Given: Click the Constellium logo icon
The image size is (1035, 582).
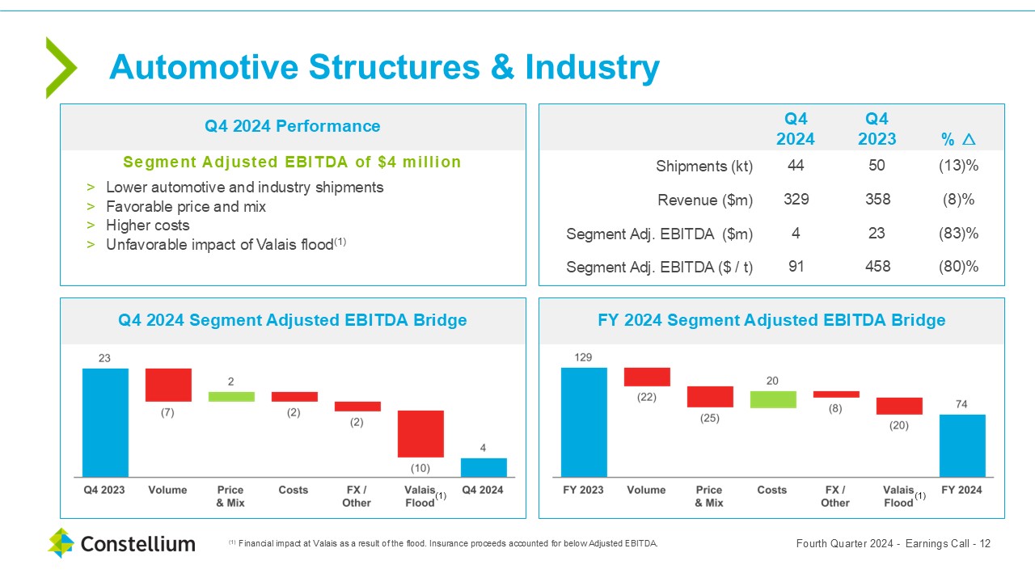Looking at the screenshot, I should click(x=60, y=543).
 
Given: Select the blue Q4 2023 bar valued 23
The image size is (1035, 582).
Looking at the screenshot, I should click(x=105, y=422).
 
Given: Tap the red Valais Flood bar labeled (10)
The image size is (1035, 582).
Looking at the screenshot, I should click(x=420, y=434).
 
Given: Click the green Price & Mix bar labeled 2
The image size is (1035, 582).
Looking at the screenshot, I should click(x=231, y=397).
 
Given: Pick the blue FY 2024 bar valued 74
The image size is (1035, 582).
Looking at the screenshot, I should click(x=962, y=445).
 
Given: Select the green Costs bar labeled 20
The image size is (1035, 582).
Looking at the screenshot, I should click(x=773, y=399).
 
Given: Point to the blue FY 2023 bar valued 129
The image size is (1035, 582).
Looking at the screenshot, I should click(x=584, y=422).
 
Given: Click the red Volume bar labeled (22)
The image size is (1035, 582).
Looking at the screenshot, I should click(x=647, y=377).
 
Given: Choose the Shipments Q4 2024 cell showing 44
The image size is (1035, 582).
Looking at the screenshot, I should click(x=796, y=166).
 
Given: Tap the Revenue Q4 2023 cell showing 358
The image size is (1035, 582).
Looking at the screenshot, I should click(x=877, y=200).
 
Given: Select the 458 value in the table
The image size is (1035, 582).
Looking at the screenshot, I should click(x=877, y=266).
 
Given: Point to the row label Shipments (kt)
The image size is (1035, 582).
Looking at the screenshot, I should click(x=704, y=167).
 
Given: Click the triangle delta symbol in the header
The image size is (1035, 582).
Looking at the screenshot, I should click(x=969, y=140).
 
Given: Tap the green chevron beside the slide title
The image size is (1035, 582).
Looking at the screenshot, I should click(x=61, y=68).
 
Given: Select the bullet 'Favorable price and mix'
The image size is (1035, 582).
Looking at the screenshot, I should click(x=186, y=206).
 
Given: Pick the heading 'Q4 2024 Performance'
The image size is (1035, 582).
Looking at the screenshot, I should click(x=292, y=126).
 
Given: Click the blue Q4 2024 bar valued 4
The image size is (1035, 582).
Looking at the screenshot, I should click(x=484, y=467).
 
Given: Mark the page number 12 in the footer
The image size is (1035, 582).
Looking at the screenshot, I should click(x=984, y=543).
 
